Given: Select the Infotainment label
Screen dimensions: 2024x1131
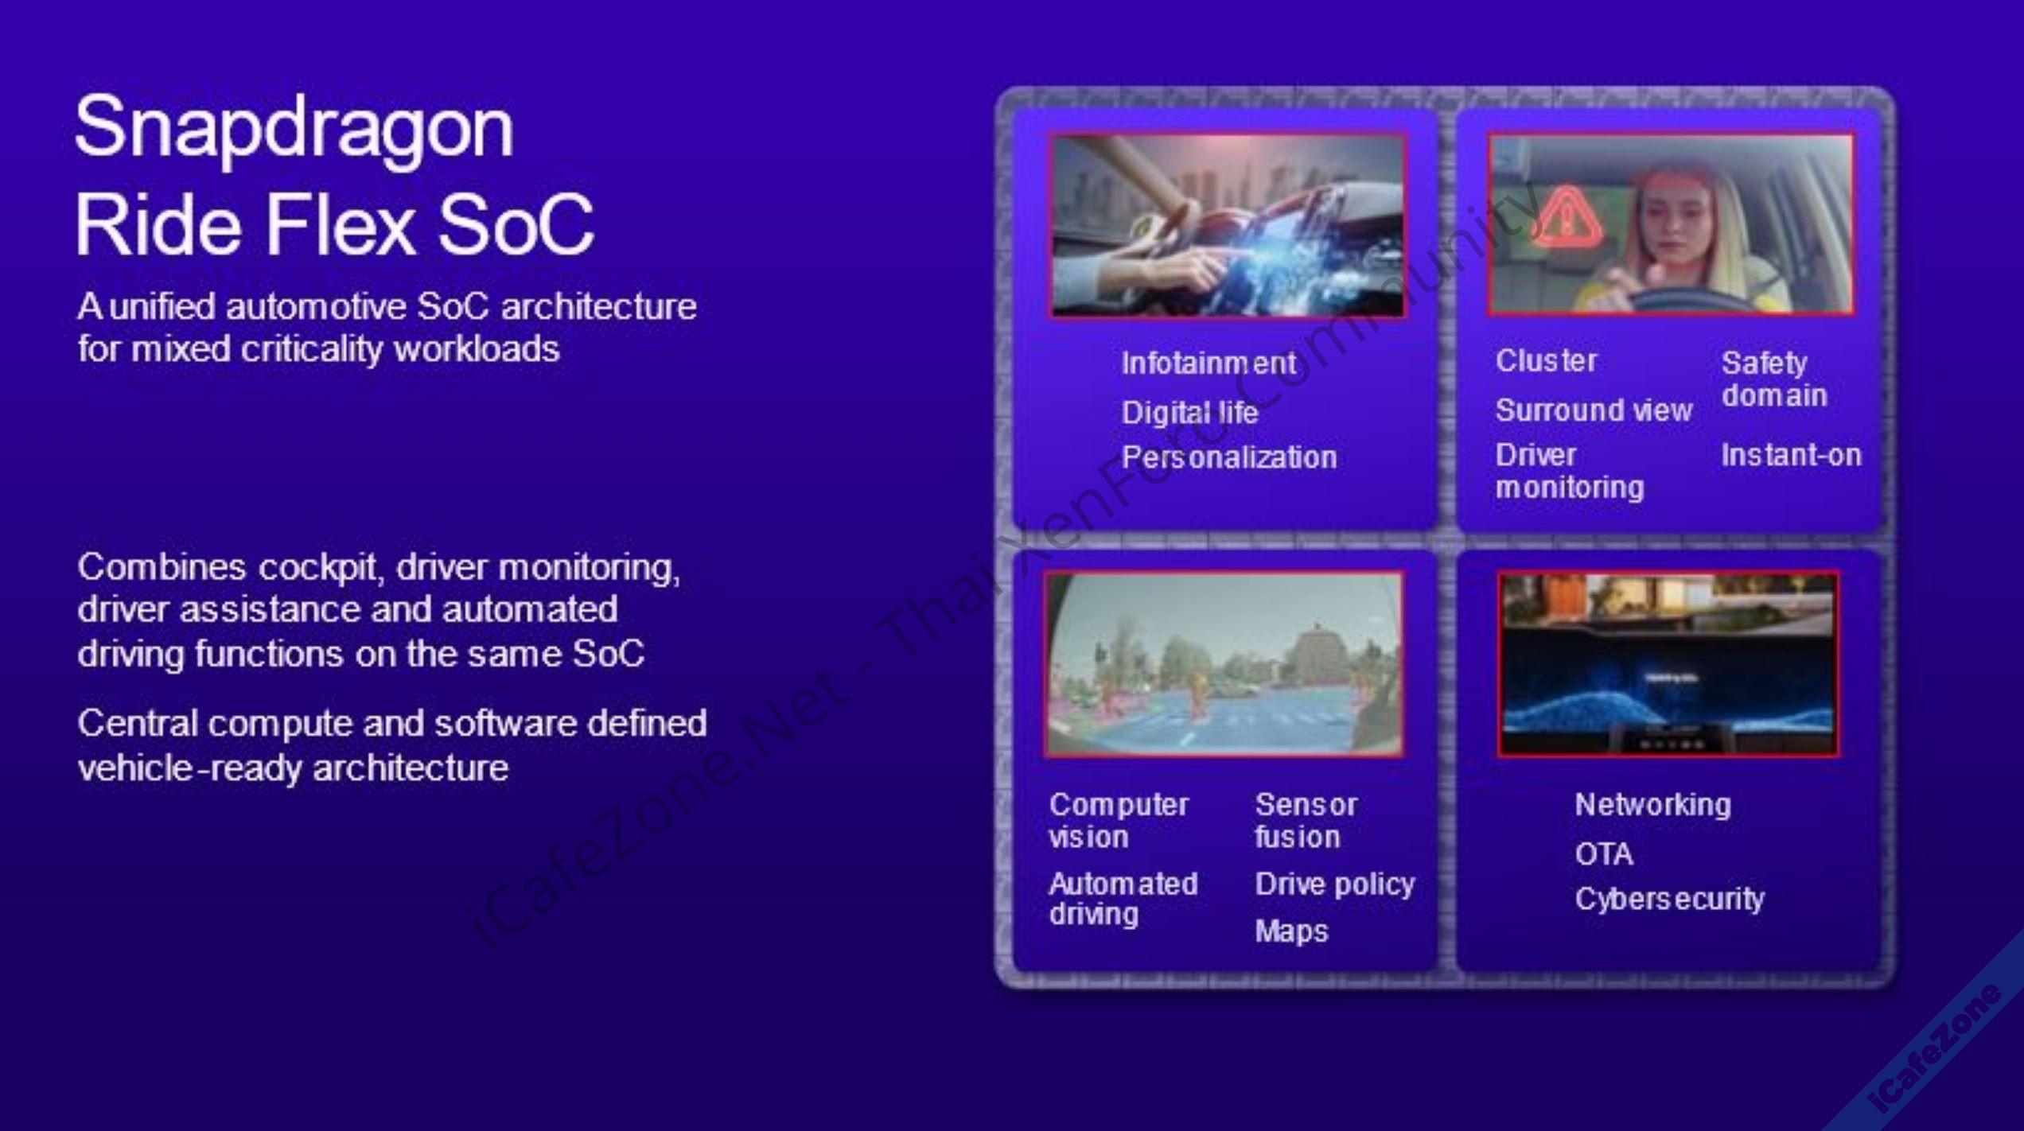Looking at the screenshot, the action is tap(1209, 363).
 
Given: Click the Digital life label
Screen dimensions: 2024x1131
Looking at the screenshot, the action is tap(1189, 412).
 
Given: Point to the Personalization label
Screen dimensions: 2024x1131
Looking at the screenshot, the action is tap(1229, 457).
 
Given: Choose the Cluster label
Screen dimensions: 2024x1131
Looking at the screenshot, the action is tap(1546, 361).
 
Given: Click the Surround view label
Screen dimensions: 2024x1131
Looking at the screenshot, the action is tap(1594, 410).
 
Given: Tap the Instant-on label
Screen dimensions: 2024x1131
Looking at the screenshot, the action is tap(1791, 455).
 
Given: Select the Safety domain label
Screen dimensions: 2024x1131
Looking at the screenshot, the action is tap(1774, 379).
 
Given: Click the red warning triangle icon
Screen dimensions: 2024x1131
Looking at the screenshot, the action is tap(1566, 216).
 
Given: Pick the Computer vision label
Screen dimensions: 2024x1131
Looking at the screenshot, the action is tap(1119, 821).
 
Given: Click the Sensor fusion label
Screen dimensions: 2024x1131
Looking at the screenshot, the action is tap(1306, 821).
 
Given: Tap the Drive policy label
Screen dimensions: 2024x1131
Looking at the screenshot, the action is tap(1335, 884).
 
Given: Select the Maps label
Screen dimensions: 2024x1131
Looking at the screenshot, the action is tap(1291, 931).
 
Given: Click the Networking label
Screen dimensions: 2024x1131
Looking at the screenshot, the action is tap(1652, 805).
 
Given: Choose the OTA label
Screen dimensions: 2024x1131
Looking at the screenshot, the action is tap(1603, 854).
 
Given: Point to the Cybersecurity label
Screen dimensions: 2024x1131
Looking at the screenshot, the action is tap(1669, 900).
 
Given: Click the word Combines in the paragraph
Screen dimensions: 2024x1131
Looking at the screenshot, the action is tap(162, 567).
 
